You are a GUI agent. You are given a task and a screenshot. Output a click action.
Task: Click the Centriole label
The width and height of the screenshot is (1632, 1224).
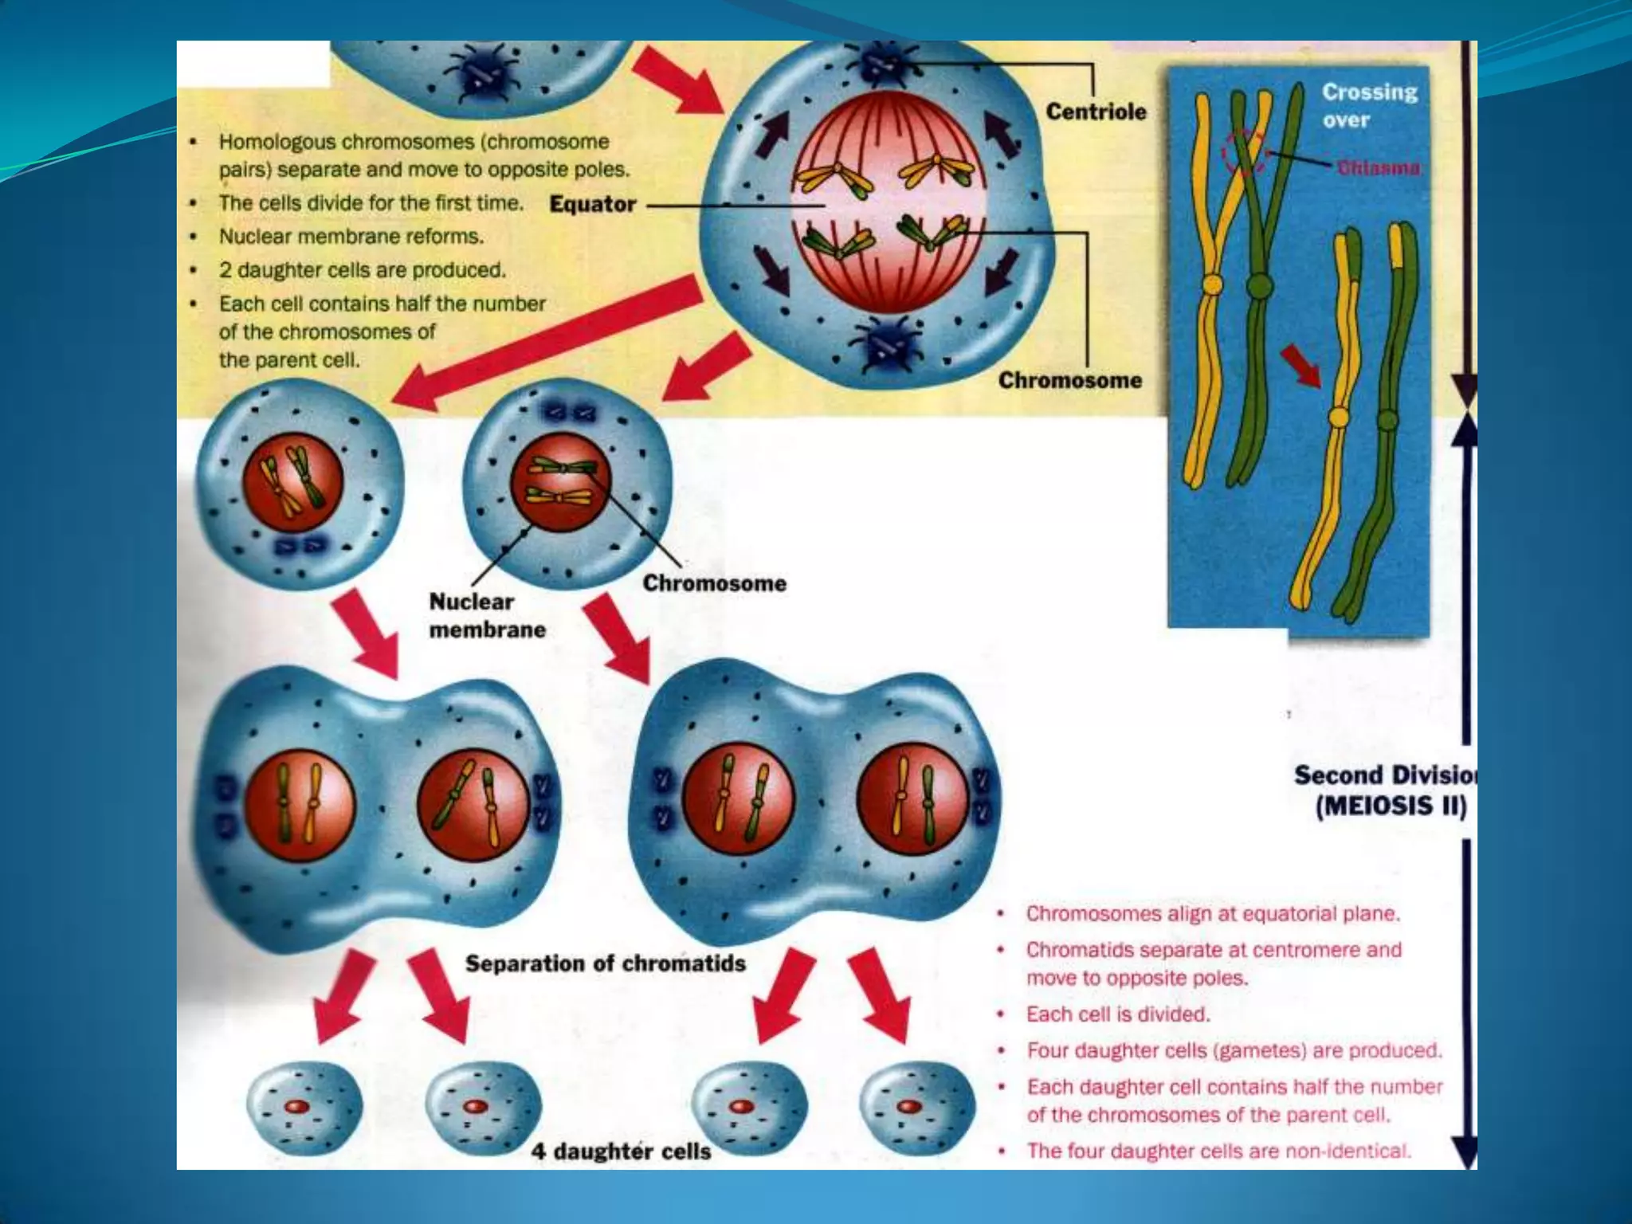coord(1096,112)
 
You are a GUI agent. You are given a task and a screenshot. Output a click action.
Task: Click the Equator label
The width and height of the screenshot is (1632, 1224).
coord(593,204)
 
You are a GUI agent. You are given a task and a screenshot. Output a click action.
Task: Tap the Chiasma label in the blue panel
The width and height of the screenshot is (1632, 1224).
coord(1378,167)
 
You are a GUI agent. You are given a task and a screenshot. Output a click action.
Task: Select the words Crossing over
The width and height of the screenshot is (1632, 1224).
coord(1369,105)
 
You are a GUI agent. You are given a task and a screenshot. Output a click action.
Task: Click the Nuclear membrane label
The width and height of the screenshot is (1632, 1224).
coord(487,615)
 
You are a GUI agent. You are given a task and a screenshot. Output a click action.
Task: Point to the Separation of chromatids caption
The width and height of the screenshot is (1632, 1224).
coord(605,963)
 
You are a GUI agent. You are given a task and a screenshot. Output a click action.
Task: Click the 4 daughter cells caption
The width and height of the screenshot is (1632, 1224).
coord(621,1151)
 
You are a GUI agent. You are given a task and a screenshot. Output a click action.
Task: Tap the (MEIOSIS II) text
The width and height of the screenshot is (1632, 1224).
coord(1391,806)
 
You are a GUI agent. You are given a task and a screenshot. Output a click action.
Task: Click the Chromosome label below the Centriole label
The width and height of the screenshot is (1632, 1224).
coord(1069,380)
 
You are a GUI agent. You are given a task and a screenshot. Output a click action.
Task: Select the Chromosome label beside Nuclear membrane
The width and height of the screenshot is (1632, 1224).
coord(714,583)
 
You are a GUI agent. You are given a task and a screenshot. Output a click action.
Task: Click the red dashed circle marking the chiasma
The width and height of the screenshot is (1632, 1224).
coord(1245,151)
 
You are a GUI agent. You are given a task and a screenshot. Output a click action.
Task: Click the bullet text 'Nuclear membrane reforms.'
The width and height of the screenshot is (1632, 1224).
coord(351,237)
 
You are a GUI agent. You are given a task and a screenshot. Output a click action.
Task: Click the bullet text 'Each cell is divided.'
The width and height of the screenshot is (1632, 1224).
coord(1117,1014)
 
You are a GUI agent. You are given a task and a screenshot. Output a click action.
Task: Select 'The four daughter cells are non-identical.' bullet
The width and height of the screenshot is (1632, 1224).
coord(1218,1151)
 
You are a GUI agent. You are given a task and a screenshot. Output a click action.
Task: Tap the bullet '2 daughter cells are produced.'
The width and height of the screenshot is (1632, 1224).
coord(362,270)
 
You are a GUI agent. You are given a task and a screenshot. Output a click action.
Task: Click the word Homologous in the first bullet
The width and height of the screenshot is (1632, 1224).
coord(272,142)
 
